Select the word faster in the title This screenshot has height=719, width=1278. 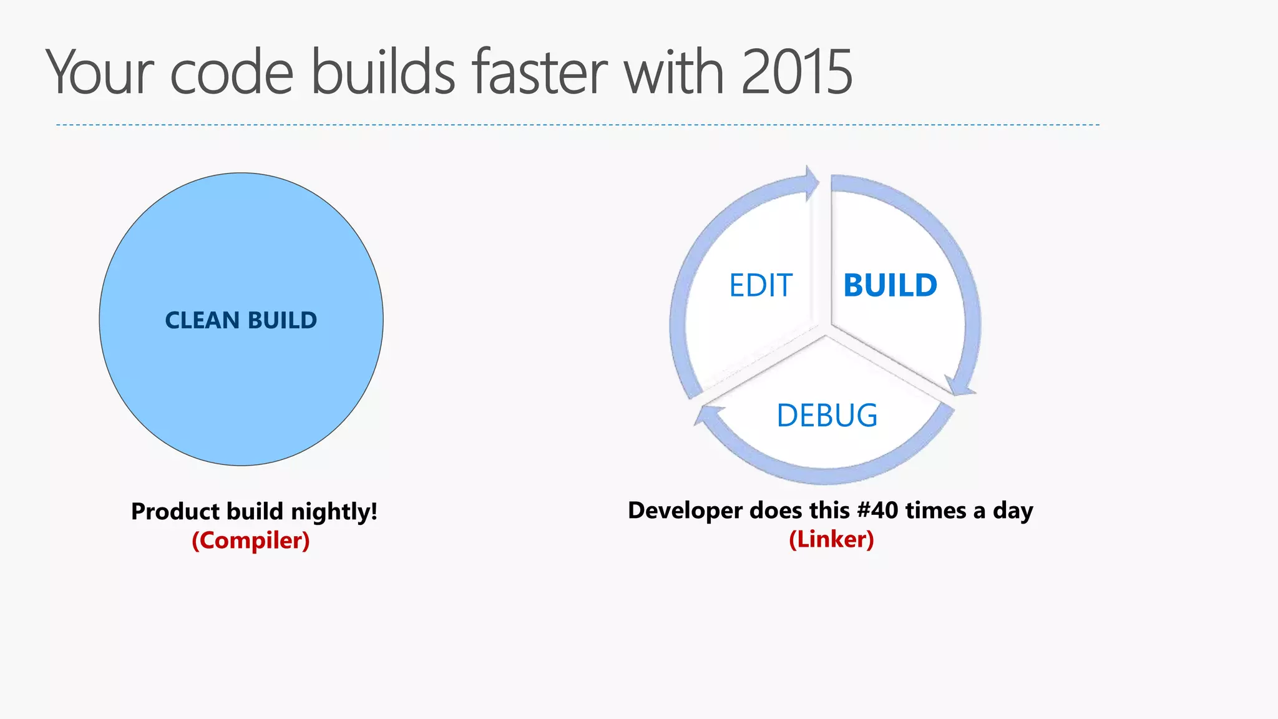tap(540, 72)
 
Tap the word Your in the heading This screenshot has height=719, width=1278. tap(100, 72)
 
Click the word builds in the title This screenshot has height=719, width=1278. tap(383, 72)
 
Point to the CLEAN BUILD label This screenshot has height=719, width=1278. tap(241, 320)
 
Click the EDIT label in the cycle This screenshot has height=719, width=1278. tap(761, 286)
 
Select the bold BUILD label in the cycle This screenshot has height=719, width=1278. tap(890, 286)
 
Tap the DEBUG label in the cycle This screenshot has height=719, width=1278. tap(827, 416)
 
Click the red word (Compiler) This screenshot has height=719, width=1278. tap(250, 540)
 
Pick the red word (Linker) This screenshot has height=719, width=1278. tap(831, 539)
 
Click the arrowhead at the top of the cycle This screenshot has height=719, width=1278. tap(811, 183)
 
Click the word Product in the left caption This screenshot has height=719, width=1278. tap(175, 512)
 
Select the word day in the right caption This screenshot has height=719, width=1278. tap(1013, 511)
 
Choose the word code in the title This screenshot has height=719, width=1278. tap(232, 72)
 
